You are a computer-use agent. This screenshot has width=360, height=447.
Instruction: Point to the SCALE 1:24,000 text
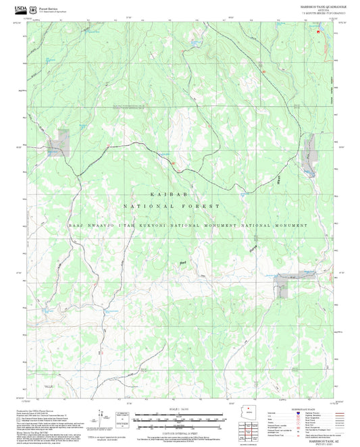pyautogui.click(x=179, y=410)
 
